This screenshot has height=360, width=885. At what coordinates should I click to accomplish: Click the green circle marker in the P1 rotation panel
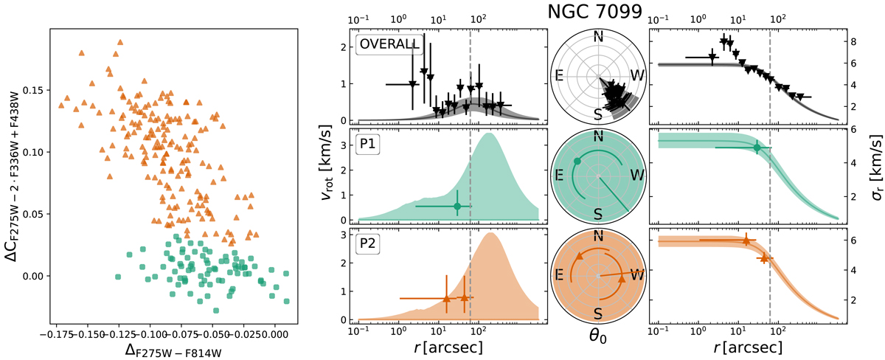[457, 206]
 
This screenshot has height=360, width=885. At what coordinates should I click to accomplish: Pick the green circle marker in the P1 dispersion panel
[757, 148]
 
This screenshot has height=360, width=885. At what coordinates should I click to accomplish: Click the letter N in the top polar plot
[598, 38]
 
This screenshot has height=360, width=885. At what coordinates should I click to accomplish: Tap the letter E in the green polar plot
[560, 174]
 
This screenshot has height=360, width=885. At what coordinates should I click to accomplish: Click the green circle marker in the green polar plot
[577, 161]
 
